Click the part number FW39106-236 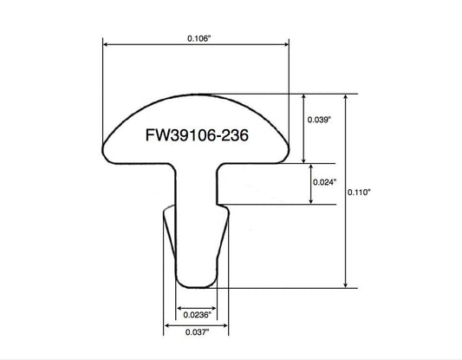point(197,135)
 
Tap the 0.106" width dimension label point(199,38)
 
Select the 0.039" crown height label point(319,120)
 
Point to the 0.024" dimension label point(325,182)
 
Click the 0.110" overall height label point(359,193)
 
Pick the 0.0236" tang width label point(198,315)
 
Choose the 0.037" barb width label point(197,332)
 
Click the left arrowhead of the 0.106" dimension point(105,44)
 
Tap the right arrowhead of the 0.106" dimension point(286,44)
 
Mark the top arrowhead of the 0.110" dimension point(346,96)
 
